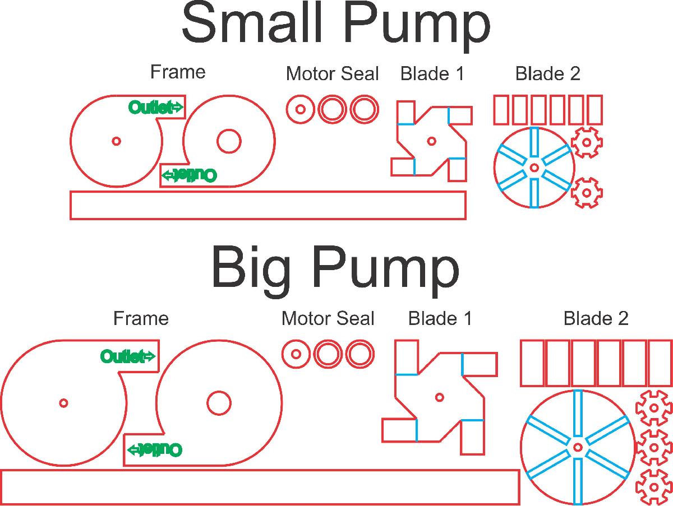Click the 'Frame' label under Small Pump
[x=178, y=72]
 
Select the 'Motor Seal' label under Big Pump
[x=328, y=318]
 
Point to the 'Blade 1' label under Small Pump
[x=432, y=74]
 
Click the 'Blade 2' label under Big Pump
[x=596, y=318]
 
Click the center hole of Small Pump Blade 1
[x=432, y=141]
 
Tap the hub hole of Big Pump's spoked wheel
[x=578, y=447]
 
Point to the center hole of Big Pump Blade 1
[x=439, y=398]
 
